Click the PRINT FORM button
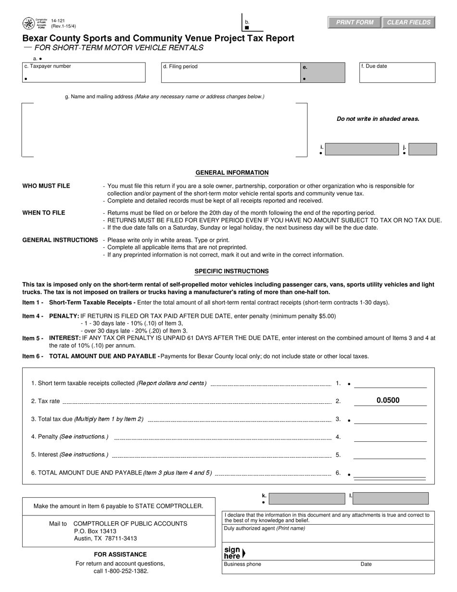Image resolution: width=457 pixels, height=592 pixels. [x=355, y=23]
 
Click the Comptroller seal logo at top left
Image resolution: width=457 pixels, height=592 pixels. [x=28, y=24]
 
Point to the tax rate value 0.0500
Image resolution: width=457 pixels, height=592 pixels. [x=388, y=400]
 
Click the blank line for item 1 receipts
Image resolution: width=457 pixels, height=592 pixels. [x=390, y=383]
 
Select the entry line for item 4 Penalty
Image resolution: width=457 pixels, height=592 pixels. [x=390, y=437]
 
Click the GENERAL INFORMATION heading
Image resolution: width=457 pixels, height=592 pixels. [x=232, y=173]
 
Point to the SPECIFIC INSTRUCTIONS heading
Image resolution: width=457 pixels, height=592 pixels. [x=231, y=271]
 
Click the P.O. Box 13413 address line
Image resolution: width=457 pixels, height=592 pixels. [x=95, y=531]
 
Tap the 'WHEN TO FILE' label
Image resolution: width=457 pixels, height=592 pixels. [x=44, y=213]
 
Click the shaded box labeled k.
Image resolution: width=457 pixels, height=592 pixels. [x=306, y=498]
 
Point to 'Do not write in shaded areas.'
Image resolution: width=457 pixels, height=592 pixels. [x=378, y=119]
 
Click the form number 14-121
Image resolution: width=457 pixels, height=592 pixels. [x=58, y=21]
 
